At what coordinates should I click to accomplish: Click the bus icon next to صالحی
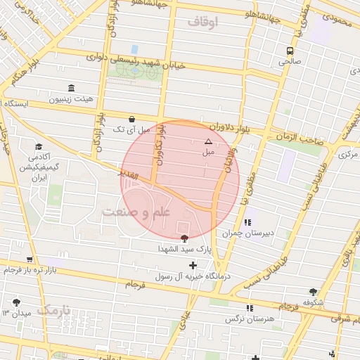click(290, 51)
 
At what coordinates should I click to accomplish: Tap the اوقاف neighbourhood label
click(203, 22)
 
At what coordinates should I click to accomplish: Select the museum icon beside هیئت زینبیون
click(71, 88)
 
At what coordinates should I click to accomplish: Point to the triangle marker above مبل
click(207, 141)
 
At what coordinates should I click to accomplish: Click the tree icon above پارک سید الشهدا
click(184, 238)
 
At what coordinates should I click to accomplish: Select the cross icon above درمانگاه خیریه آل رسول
click(193, 265)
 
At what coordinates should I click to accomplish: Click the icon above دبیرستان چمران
click(247, 222)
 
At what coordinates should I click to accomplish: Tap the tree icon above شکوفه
click(313, 291)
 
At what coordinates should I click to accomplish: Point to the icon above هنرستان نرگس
click(250, 308)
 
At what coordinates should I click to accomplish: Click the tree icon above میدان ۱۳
click(17, 302)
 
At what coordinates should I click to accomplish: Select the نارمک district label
click(55, 310)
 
